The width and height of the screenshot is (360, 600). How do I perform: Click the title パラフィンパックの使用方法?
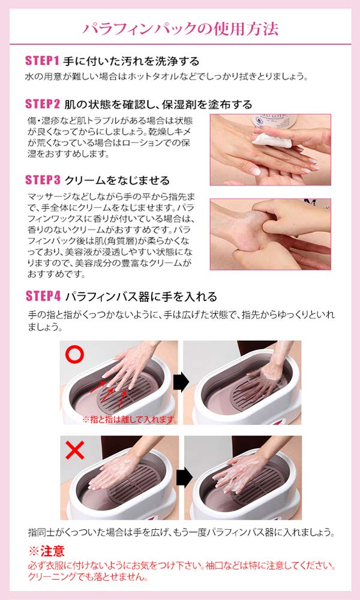click(180, 28)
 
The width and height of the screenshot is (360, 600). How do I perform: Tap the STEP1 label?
click(42, 61)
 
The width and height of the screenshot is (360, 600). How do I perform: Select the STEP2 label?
click(42, 104)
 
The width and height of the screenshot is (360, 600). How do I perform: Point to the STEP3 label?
click(42, 180)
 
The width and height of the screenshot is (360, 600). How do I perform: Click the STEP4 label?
click(42, 296)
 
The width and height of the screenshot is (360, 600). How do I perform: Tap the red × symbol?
click(74, 451)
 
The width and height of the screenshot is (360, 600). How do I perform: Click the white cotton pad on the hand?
click(262, 140)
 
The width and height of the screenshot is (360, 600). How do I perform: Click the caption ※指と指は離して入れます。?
click(130, 419)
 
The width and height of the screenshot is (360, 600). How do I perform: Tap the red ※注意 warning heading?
click(46, 551)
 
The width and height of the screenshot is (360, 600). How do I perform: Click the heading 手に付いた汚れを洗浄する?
click(131, 61)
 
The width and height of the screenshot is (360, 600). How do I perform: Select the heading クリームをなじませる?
click(116, 180)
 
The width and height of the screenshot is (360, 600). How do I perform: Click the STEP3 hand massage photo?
click(270, 234)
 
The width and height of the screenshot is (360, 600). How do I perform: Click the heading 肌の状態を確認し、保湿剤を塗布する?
click(158, 104)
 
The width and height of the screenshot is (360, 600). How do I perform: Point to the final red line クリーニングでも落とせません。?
click(86, 577)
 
